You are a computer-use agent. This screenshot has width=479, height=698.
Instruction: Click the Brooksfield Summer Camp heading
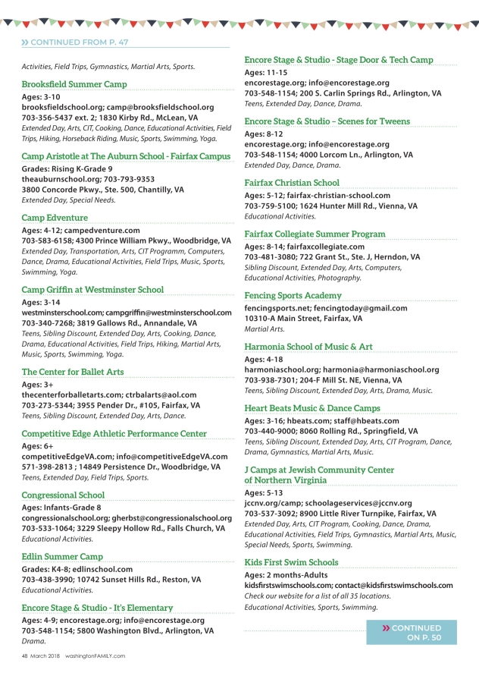click(x=74, y=84)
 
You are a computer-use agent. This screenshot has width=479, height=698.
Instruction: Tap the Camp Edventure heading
click(x=55, y=218)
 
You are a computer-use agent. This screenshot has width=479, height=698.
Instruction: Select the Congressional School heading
click(x=63, y=495)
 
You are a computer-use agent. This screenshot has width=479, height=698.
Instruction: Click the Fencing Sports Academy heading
click(x=293, y=295)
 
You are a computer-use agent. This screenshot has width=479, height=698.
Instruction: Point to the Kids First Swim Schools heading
click(x=291, y=562)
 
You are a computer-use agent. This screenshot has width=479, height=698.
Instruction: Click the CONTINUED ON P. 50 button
click(x=412, y=633)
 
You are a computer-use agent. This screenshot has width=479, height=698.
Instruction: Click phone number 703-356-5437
click(x=48, y=118)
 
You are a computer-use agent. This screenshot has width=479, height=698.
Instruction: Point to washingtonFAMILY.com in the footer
click(x=95, y=656)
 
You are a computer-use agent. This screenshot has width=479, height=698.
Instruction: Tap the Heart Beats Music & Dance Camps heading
click(x=312, y=408)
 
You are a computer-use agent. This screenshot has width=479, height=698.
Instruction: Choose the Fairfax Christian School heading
click(x=292, y=183)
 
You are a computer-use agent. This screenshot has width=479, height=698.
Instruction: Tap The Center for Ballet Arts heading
click(x=73, y=372)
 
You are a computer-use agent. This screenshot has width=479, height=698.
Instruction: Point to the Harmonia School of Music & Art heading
click(x=308, y=347)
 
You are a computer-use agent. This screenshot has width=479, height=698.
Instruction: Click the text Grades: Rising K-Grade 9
click(x=67, y=168)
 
